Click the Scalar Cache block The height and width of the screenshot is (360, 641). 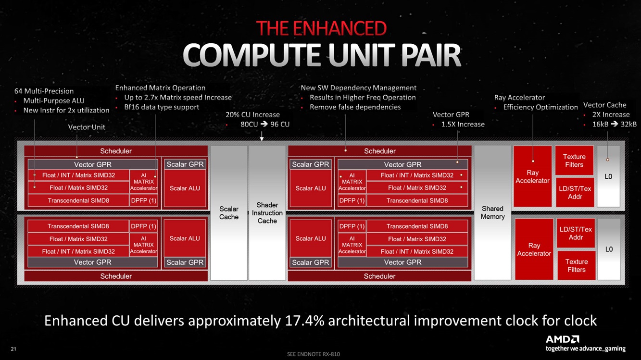(x=229, y=213)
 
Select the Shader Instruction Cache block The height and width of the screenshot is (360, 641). (x=267, y=213)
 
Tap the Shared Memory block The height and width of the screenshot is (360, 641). (x=492, y=212)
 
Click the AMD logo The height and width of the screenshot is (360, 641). (x=562, y=339)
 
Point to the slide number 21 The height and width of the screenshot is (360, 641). (x=13, y=348)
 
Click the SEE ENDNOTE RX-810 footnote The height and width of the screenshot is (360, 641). (x=313, y=354)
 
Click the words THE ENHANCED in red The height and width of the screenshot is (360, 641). (x=321, y=28)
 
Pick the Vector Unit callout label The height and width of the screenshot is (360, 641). (x=87, y=127)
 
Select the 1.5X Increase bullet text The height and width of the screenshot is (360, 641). (x=463, y=124)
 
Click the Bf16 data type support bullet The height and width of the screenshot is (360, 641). (x=162, y=107)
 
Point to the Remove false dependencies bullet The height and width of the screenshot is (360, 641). (x=355, y=107)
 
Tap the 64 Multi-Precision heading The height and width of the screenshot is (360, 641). (x=44, y=91)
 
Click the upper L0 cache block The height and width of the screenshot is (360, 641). (x=608, y=176)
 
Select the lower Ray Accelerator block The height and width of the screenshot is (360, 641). (x=534, y=249)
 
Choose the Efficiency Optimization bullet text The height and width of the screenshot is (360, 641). (x=540, y=107)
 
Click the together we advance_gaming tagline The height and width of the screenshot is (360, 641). (x=585, y=348)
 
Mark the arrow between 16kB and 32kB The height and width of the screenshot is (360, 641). (x=615, y=124)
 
